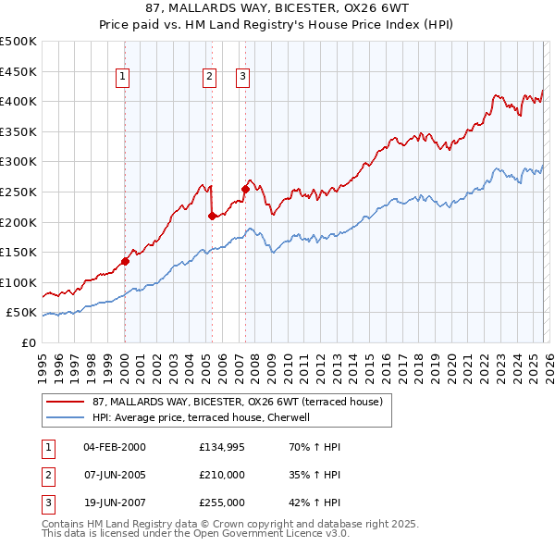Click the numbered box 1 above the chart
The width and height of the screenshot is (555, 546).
pos(123,78)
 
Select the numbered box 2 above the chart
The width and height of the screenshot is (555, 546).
pos(210,78)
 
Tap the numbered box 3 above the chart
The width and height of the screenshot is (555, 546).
pos(242,78)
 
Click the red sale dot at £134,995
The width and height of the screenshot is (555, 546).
pos(126,261)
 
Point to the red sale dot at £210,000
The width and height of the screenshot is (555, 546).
pos(213,216)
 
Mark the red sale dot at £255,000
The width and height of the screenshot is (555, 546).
pos(246,189)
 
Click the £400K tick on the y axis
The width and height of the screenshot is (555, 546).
pos(20,102)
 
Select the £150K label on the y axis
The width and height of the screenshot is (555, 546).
pos(20,252)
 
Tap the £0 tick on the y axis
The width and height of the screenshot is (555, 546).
pos(28,342)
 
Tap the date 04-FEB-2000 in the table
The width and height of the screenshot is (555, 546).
pos(114,447)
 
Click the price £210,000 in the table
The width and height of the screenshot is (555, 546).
pos(222,475)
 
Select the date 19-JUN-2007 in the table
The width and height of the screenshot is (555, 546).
pos(114,503)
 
